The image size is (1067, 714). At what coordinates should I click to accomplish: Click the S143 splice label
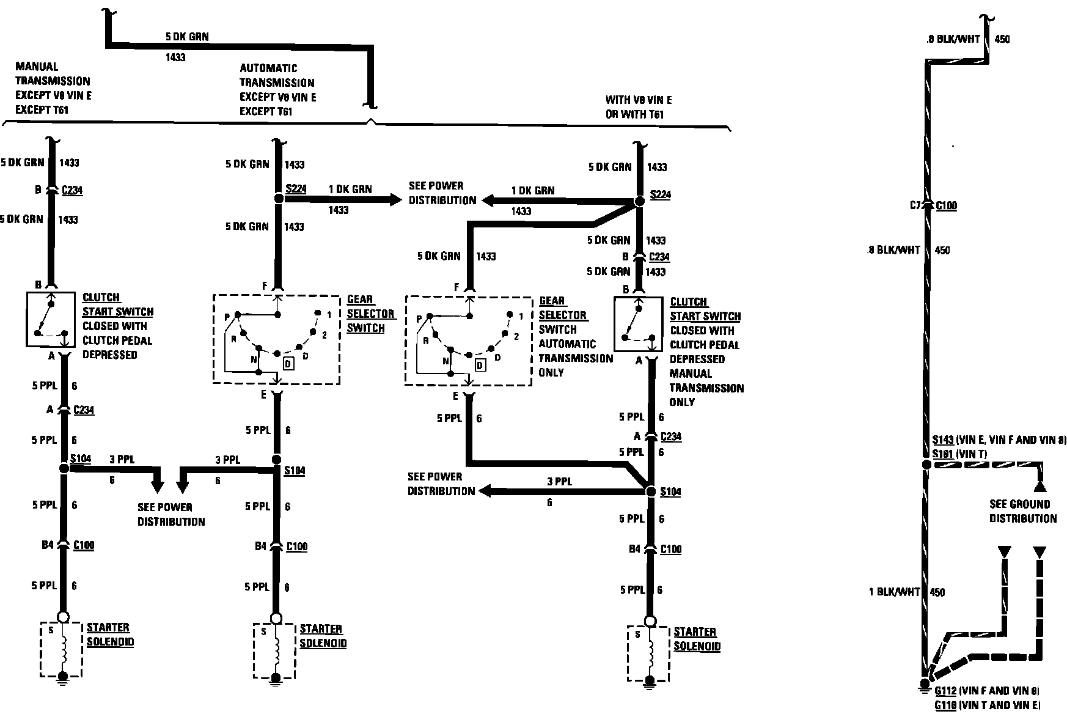[943, 440]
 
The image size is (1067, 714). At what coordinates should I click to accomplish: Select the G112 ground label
[945, 691]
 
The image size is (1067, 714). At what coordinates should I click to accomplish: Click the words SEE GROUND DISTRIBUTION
[1023, 511]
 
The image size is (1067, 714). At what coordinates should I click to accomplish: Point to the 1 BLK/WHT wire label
[894, 592]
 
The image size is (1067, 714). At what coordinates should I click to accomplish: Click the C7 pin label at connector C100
[915, 205]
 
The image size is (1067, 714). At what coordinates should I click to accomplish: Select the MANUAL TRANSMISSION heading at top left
[53, 74]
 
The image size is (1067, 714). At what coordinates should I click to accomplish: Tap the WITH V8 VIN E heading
[639, 100]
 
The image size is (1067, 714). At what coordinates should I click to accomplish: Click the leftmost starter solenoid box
[61, 649]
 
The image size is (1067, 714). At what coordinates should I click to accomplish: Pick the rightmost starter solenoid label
[696, 639]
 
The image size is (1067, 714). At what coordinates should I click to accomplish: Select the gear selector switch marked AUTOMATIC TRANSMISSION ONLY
[468, 341]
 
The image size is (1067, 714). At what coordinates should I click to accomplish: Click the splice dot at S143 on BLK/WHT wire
[926, 465]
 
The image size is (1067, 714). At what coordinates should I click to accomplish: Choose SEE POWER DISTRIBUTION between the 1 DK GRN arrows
[442, 193]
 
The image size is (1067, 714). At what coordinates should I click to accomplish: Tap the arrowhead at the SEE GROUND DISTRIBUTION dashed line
[1039, 487]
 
